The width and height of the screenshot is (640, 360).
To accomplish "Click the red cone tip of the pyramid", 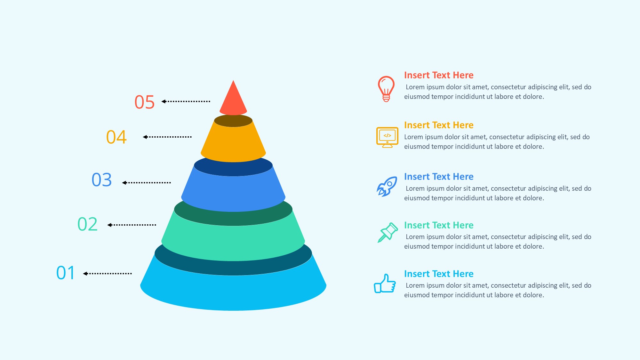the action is [x=233, y=99].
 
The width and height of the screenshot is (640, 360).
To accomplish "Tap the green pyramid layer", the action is [x=233, y=243].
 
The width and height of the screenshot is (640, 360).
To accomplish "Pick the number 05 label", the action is [x=144, y=102].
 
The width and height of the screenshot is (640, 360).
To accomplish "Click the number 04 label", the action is [x=116, y=137].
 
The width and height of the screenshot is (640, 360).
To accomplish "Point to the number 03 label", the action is [x=102, y=180].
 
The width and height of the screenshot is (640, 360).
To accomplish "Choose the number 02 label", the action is [x=87, y=224].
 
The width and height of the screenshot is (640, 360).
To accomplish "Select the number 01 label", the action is [x=66, y=273].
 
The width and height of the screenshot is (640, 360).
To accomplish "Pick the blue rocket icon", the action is [x=387, y=186].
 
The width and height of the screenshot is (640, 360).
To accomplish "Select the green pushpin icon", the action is [x=388, y=232].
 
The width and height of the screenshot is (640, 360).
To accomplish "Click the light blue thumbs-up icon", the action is [x=385, y=284].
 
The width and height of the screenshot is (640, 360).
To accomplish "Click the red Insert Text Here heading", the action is [x=439, y=75].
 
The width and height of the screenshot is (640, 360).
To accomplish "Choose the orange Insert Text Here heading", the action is [x=439, y=125].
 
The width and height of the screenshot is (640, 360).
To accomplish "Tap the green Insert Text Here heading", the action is [x=439, y=225].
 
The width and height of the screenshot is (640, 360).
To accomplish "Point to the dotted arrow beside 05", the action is [x=186, y=101].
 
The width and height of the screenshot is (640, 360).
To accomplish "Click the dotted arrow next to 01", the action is [x=107, y=274].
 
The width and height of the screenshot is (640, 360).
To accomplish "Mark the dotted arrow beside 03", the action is [x=146, y=183].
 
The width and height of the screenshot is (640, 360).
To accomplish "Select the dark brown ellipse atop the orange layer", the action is [x=233, y=121].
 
